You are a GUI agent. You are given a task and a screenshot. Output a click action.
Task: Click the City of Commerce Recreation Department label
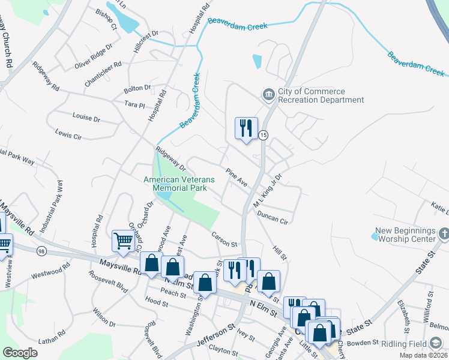coord(321,95)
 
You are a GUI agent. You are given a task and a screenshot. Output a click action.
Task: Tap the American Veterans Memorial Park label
coord(175,184)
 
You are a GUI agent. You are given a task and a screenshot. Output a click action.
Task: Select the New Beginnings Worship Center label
coord(405,235)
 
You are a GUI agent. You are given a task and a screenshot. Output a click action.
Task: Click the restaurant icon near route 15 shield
coord(246,128)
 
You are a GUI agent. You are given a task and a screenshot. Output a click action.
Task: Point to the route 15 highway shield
coord(264,136)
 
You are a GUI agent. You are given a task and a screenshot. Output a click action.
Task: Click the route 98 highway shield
coord(41,250)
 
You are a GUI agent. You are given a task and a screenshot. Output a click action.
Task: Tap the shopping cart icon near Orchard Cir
coord(123,241)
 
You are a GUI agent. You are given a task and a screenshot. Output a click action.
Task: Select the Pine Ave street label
coord(237,176)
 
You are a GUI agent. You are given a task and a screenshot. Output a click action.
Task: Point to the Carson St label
coord(225,241)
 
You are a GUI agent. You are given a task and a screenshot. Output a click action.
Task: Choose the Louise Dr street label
coord(86,117)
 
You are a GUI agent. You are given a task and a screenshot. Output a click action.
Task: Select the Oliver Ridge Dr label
coord(93,55)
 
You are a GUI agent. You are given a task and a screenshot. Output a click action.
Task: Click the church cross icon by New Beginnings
coord(444,232)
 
